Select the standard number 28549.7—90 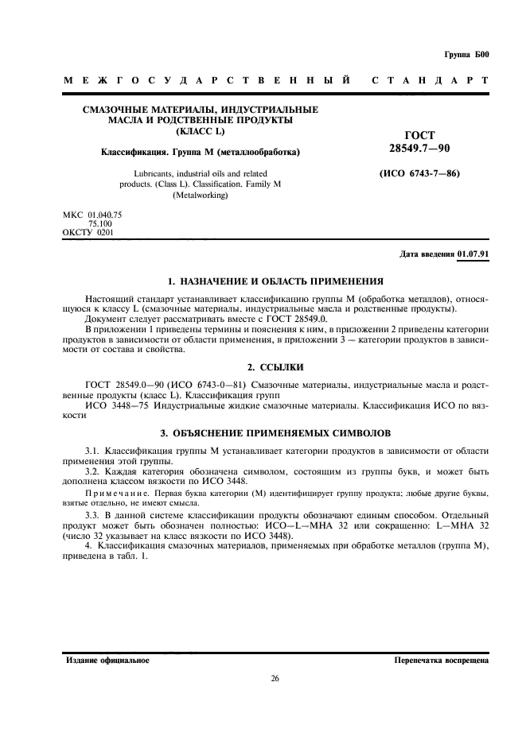[x=419, y=149]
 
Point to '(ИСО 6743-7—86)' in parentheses [x=419, y=173]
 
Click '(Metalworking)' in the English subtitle [x=201, y=195]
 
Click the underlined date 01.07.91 [x=473, y=254]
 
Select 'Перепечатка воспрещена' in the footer [x=441, y=661]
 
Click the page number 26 [x=275, y=678]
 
